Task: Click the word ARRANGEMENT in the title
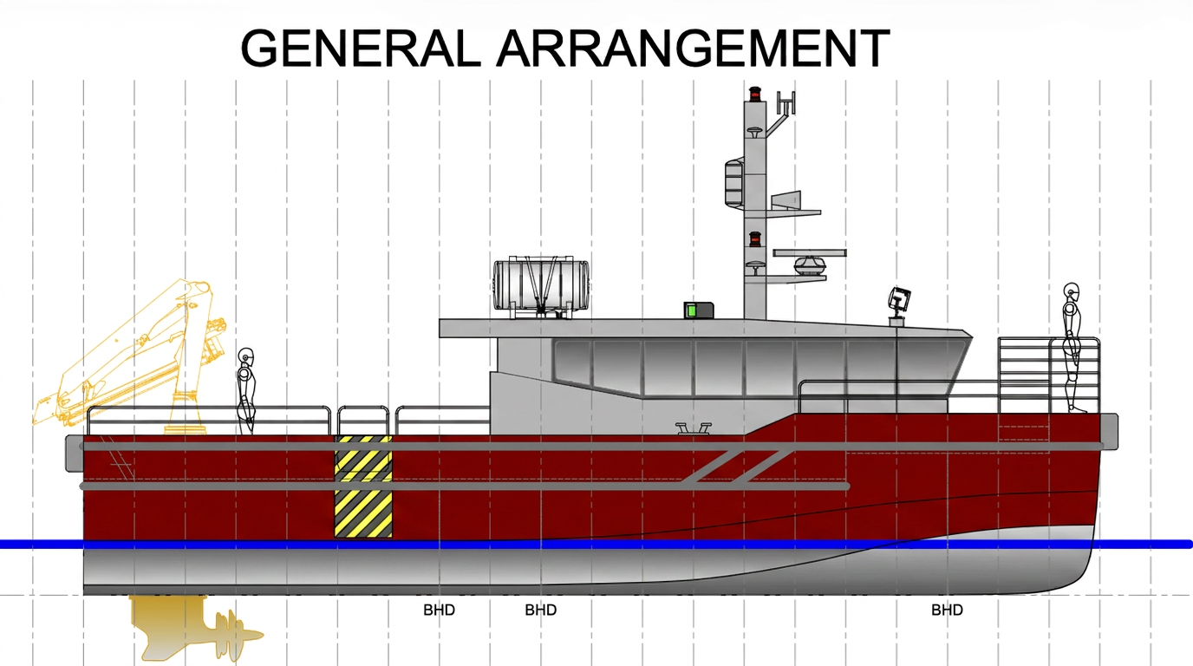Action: coord(693,48)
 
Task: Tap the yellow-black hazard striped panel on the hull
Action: coord(363,486)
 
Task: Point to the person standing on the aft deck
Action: coord(246,391)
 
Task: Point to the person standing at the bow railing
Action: coord(1072,348)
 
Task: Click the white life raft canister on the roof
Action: coord(541,285)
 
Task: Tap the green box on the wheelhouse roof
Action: coord(699,310)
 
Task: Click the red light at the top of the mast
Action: coord(754,95)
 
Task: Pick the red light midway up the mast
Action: coord(754,239)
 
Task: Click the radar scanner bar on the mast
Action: coord(810,253)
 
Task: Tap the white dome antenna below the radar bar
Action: coord(810,264)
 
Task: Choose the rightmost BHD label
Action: coord(947,610)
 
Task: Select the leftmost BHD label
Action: coord(439,610)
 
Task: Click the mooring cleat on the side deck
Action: coord(694,428)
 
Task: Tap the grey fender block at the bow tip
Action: coord(1109,431)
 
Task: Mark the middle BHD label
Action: coord(541,610)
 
